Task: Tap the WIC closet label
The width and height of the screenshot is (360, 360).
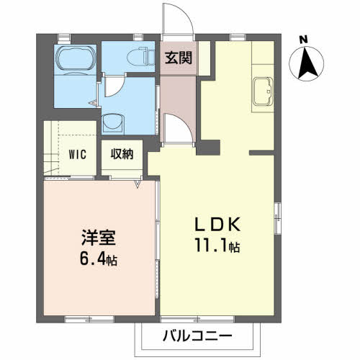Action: tap(78, 153)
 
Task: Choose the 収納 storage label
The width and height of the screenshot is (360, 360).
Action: tap(120, 153)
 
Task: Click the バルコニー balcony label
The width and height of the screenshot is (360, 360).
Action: tap(197, 336)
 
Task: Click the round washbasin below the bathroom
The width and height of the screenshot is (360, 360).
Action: tap(114, 123)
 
